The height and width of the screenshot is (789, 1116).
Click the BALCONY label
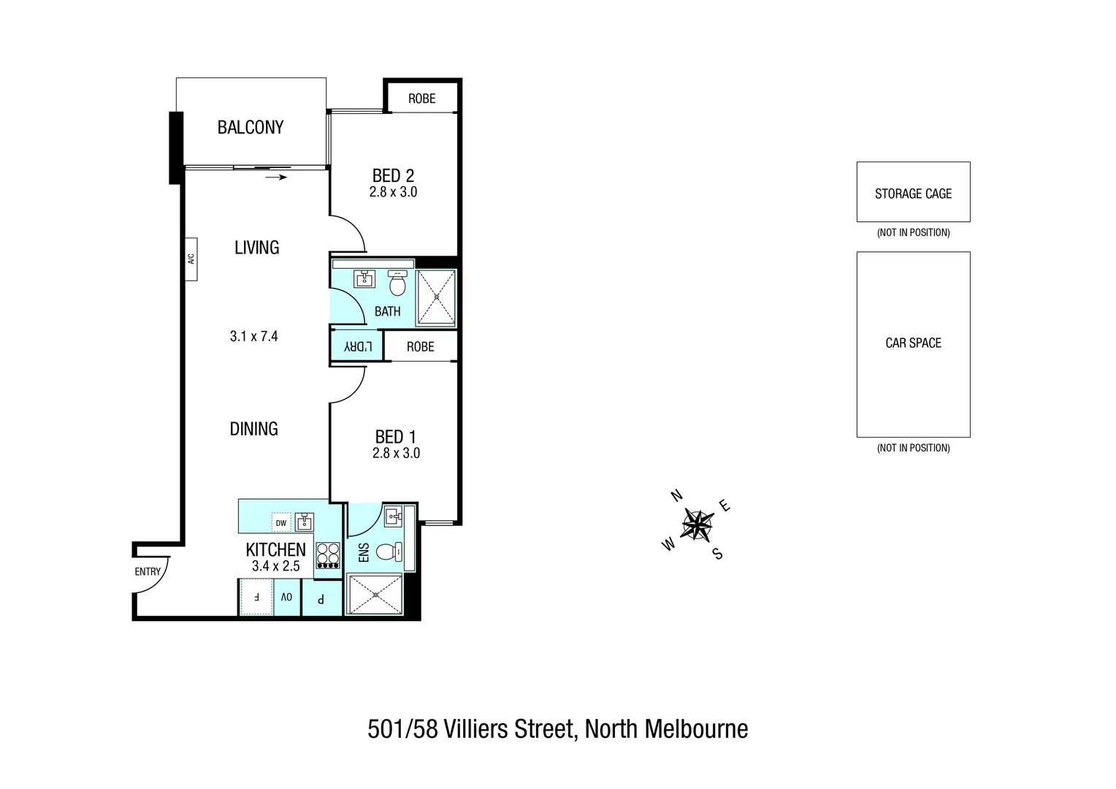[x=250, y=127]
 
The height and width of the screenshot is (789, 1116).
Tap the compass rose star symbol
[x=697, y=525]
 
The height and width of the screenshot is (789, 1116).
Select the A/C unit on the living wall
[x=191, y=259]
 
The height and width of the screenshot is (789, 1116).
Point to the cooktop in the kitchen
[x=328, y=555]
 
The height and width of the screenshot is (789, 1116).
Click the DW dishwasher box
[x=281, y=522]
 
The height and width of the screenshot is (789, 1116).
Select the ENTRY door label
[x=148, y=571]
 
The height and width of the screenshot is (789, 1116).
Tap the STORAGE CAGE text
[x=913, y=194]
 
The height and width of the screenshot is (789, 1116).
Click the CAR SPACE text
[x=913, y=343]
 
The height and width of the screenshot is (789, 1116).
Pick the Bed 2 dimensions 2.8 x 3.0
[x=393, y=192]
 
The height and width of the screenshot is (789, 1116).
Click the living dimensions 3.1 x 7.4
[x=253, y=337]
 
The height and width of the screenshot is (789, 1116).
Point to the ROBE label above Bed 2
[x=421, y=99]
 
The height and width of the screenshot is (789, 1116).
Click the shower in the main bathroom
[x=436, y=297]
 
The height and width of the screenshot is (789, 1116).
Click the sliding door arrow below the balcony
[x=276, y=177]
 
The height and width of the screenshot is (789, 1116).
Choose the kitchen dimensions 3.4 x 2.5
[x=275, y=566]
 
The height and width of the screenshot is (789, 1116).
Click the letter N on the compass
[x=676, y=496]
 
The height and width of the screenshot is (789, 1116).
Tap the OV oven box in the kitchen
[x=287, y=597]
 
